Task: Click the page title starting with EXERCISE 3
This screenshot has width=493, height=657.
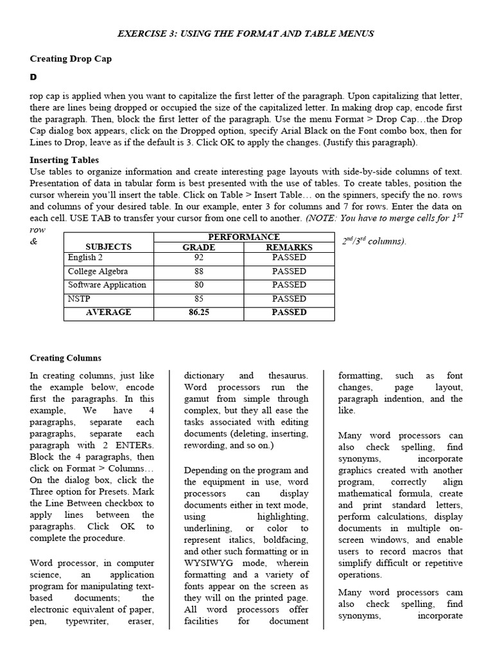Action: pos(246,33)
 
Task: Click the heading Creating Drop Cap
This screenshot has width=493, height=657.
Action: pos(71,58)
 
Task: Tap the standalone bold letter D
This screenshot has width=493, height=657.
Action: pos(33,77)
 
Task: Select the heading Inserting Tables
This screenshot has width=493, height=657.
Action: pos(64,160)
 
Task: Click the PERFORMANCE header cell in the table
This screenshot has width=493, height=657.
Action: pos(244,237)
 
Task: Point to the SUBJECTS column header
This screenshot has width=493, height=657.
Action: pos(108,247)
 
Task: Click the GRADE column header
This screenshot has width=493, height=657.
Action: pos(199,247)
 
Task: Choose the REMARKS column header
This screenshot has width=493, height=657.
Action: pos(289,247)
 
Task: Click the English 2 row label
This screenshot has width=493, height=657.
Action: pos(85,257)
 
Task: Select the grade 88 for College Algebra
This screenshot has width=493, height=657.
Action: pos(199,271)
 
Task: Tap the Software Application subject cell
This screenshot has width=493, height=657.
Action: pos(107,285)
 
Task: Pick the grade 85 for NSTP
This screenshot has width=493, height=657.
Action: pos(199,299)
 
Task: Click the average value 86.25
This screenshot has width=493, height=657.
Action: pos(199,312)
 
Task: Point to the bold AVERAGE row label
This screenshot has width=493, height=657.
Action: pos(108,312)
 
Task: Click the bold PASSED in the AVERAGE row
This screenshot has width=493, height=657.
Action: pos(289,312)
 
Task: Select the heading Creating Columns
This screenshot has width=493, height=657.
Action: pos(65,358)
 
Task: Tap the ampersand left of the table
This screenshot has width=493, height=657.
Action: pos(33,242)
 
